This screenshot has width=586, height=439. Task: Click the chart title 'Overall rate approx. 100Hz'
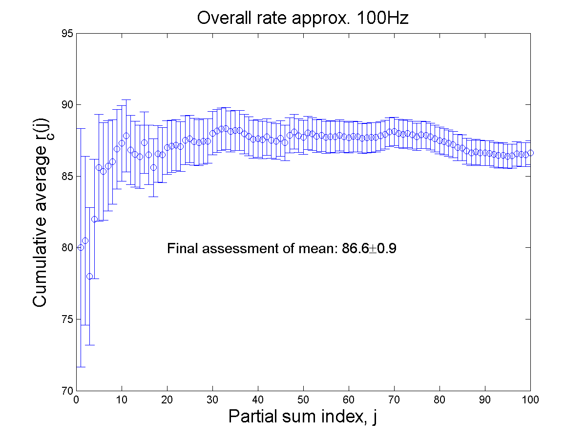[x=302, y=18]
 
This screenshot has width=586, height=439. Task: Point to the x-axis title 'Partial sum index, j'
[x=302, y=417]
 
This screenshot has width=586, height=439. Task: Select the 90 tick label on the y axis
[x=67, y=105]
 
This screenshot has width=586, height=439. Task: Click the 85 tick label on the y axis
[x=67, y=176]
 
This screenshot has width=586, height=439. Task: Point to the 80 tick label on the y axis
[x=67, y=248]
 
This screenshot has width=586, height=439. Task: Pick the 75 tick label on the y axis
[x=67, y=319]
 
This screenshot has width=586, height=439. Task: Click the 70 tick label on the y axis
[x=67, y=391]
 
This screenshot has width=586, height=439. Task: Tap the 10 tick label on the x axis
[x=122, y=399]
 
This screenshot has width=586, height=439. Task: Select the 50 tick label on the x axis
[x=303, y=399]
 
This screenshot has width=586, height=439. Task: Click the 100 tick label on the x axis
[x=530, y=399]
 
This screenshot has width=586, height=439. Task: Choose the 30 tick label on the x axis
[x=212, y=399]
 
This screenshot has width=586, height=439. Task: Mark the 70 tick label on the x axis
[x=394, y=399]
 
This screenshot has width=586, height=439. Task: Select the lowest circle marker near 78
[x=89, y=276]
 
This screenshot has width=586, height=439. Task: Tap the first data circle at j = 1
[x=81, y=247]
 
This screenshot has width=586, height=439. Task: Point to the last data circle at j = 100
[x=530, y=153]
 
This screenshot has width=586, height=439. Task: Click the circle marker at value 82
[x=94, y=219]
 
